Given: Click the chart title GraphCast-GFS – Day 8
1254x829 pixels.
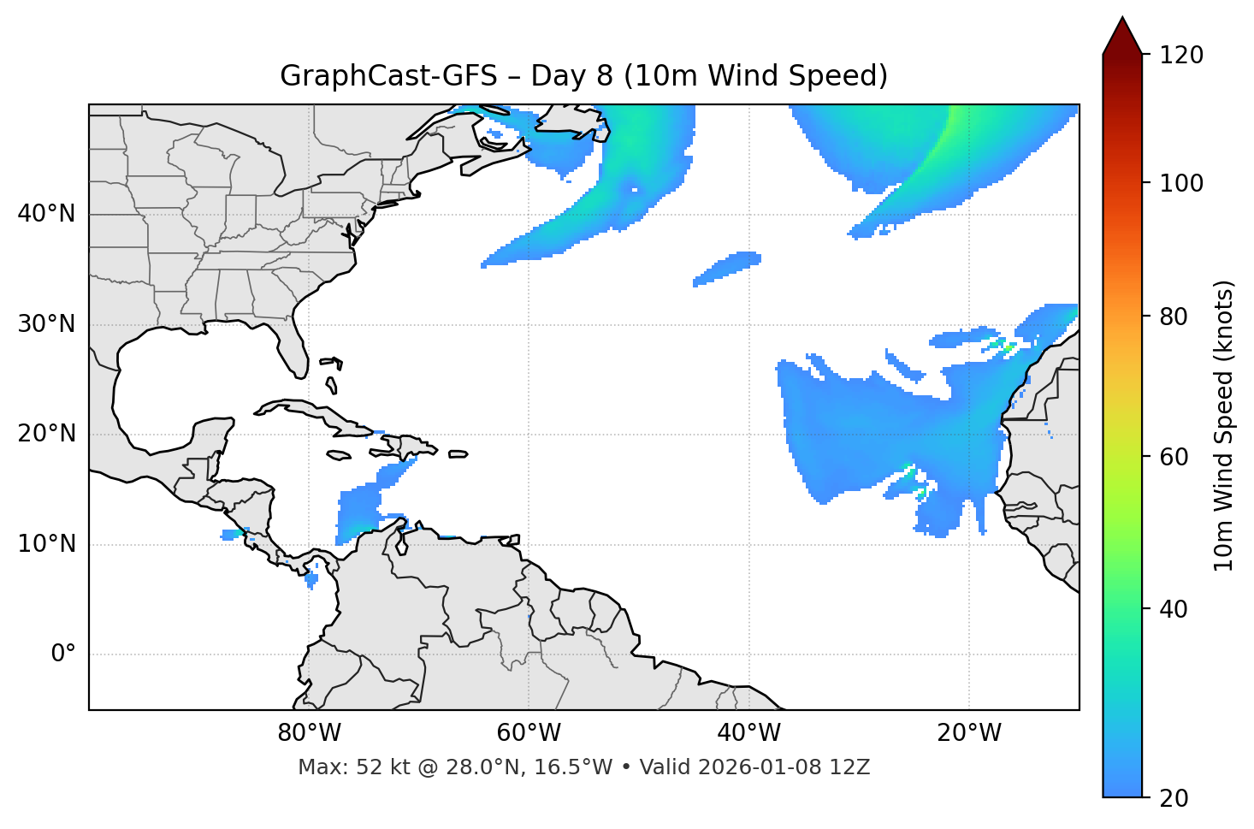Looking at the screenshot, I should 583,76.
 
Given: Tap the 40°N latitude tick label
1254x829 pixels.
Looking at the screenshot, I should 46,214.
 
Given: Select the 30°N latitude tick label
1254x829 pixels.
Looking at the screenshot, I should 46,324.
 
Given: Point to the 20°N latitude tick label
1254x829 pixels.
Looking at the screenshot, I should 46,434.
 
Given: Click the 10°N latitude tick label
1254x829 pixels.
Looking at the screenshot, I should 46,544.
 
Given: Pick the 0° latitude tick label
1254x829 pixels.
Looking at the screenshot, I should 62,654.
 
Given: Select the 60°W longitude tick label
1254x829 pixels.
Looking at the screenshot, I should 528,733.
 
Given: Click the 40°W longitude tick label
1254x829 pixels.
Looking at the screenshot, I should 748,733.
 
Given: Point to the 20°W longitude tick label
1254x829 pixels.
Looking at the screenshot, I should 968,733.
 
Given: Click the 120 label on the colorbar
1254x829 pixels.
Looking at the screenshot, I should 1181,56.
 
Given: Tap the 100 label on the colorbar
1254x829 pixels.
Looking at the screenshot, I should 1181,183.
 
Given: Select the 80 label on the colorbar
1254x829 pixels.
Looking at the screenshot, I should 1175,317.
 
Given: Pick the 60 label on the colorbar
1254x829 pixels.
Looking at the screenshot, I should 1175,457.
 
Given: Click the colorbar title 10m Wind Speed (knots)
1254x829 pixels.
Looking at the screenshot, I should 1224,425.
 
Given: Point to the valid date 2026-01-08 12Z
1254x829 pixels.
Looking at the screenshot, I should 784,767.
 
